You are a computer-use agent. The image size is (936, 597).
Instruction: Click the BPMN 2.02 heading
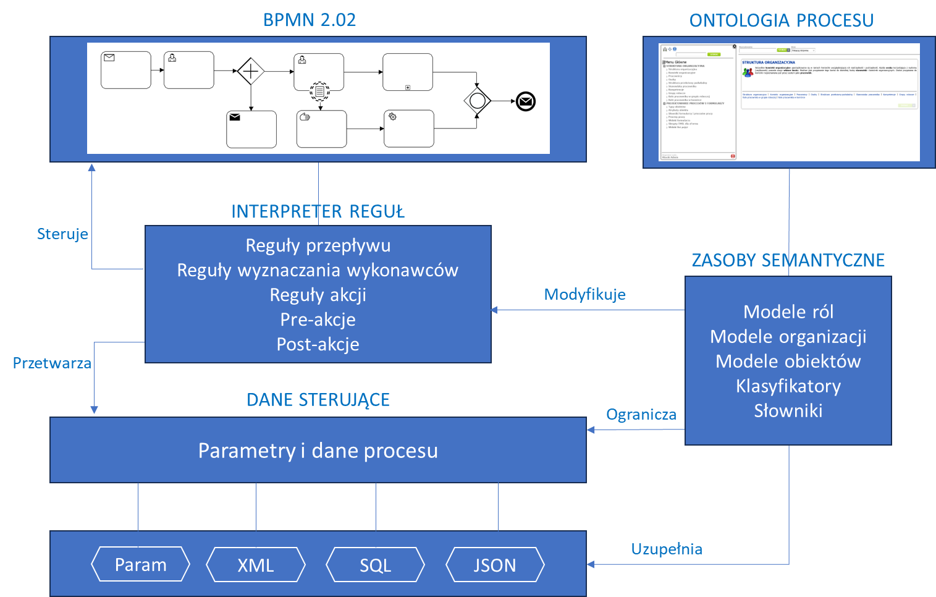310,20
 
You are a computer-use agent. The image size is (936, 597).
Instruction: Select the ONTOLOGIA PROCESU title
781,20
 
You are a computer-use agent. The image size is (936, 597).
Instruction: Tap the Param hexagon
140,565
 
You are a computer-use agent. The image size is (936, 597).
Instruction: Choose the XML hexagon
256,565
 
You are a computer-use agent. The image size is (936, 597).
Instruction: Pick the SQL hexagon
375,565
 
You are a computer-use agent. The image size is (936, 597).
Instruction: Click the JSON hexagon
495,565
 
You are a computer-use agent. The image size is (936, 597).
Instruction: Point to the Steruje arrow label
62,234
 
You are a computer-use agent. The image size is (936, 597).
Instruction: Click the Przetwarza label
52,363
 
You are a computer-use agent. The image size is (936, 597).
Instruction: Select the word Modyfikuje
584,294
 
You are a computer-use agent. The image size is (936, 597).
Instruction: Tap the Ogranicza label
641,414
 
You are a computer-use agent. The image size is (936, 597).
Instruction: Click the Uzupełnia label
667,549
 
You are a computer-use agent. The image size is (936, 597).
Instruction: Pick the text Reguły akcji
318,295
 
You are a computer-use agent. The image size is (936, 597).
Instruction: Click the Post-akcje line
318,344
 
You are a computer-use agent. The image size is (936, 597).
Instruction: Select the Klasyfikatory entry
788,386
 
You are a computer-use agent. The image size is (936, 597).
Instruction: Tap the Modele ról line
788,312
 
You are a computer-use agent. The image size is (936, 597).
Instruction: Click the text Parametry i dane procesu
318,451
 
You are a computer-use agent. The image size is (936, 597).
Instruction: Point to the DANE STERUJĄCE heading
318,400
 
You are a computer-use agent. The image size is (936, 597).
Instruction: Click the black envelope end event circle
526,101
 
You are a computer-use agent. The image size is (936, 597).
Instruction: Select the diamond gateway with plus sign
251,72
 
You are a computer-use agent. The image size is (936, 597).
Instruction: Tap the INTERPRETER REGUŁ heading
318,211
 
